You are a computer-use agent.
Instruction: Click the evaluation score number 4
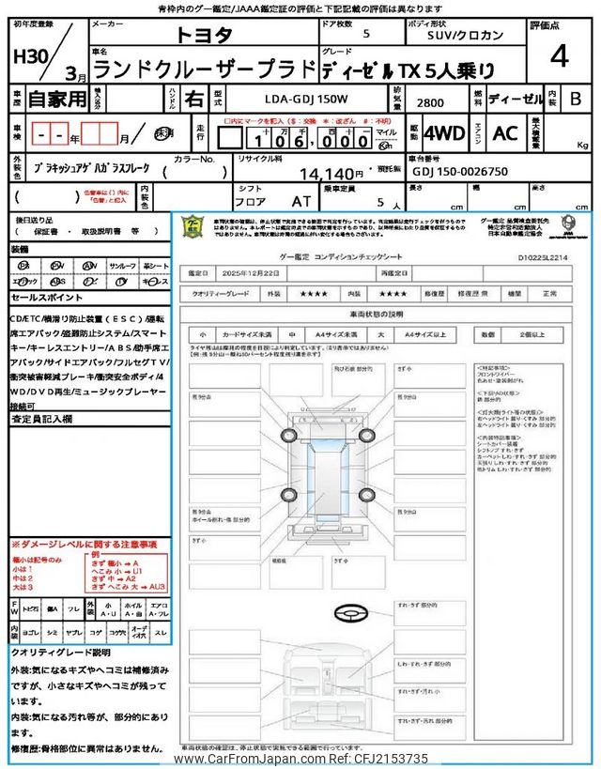tap(560, 58)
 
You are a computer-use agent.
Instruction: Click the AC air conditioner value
tap(505, 133)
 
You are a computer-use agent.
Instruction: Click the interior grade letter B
tap(576, 99)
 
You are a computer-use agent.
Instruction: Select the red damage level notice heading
tap(85, 545)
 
